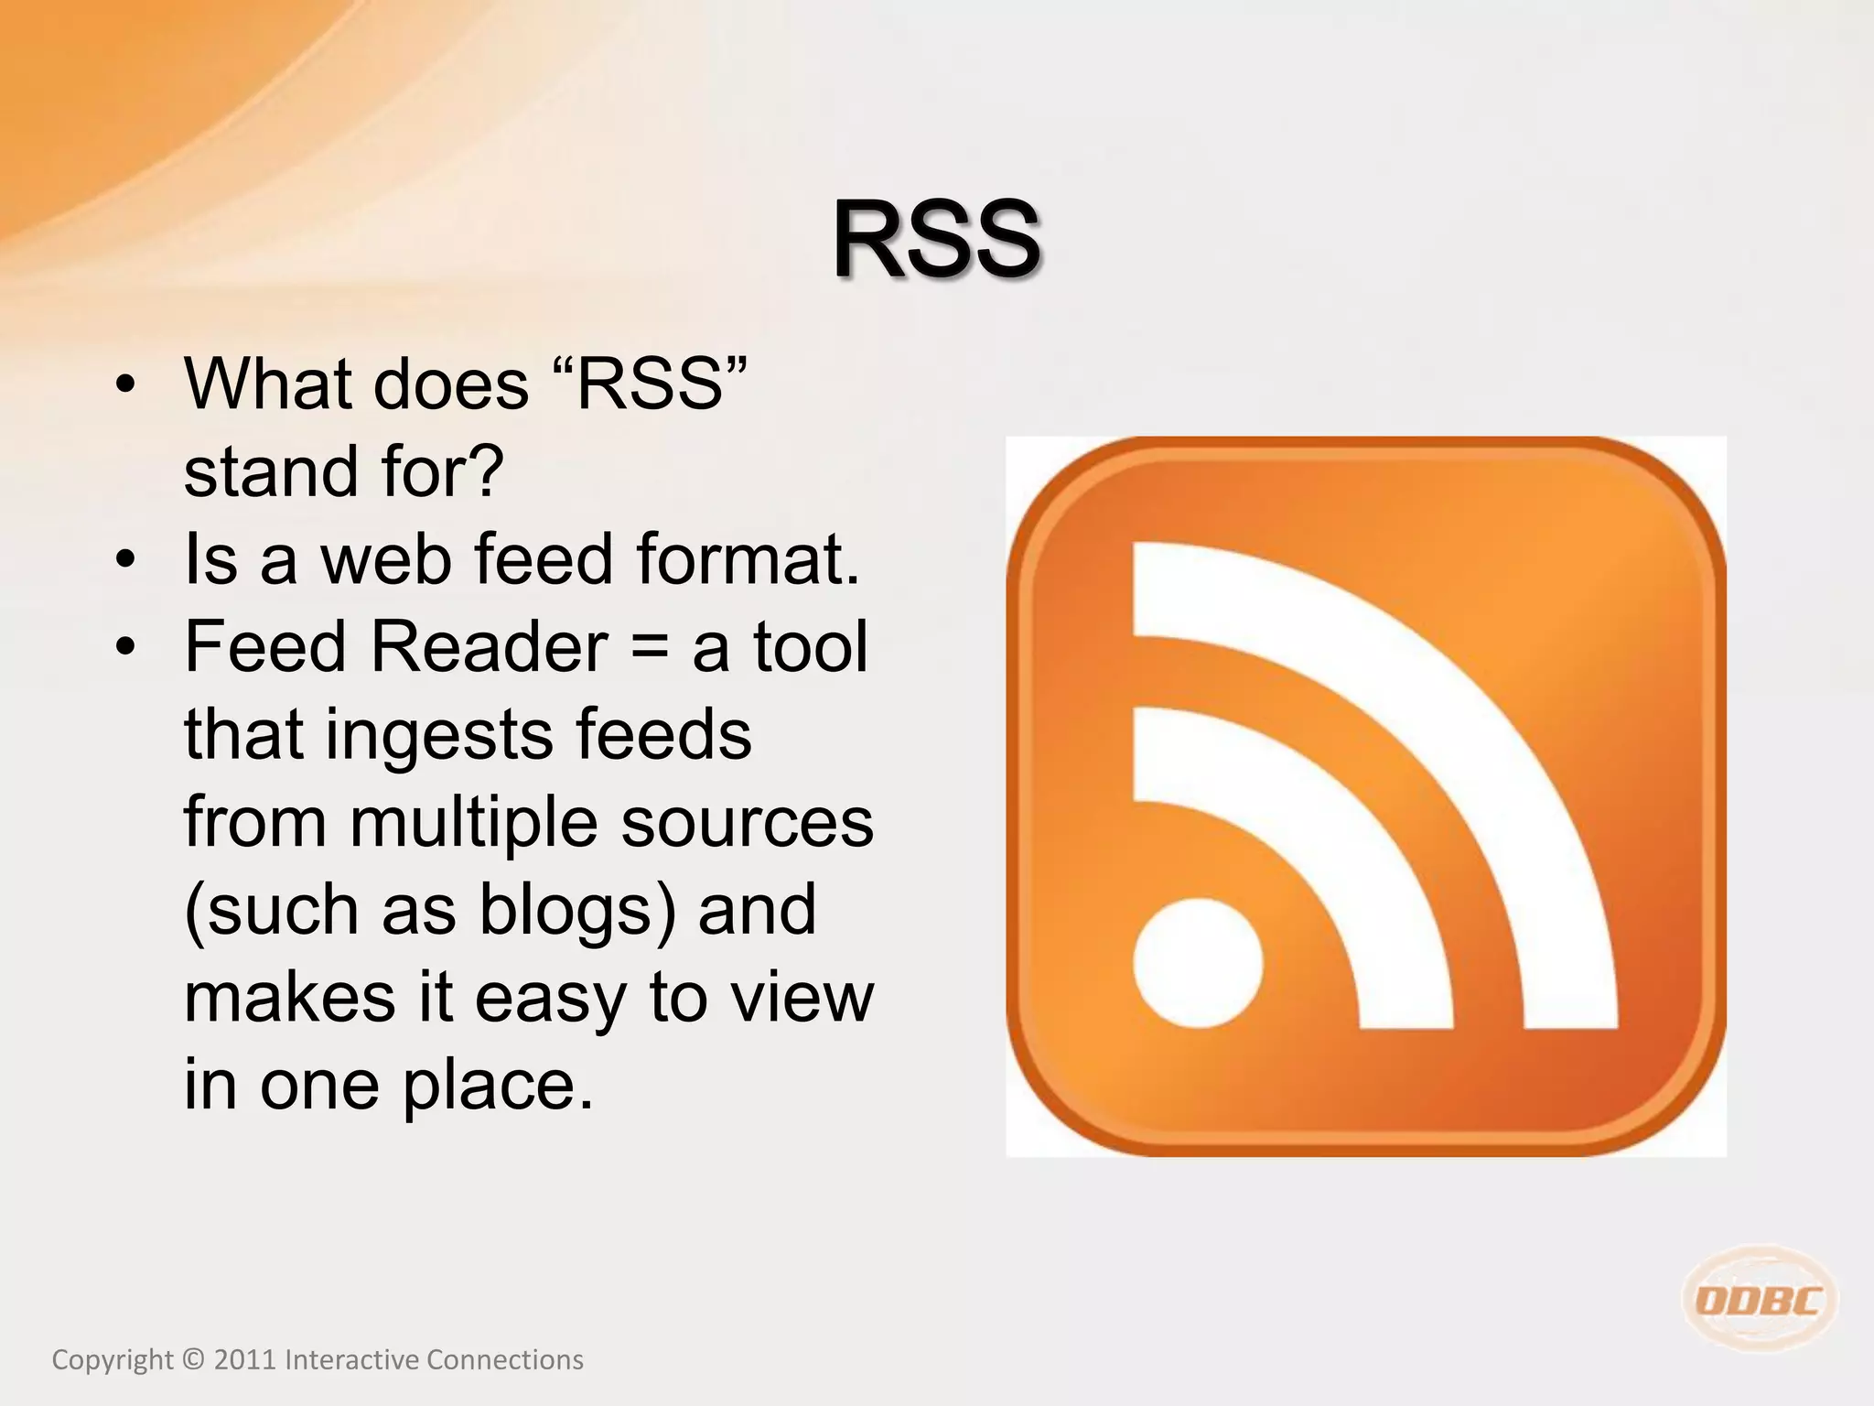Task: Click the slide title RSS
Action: (x=936, y=241)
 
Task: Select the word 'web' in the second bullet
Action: (x=385, y=559)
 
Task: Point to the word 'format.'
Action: (x=749, y=559)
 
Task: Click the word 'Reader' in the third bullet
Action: (x=489, y=647)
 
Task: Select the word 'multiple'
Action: (x=474, y=823)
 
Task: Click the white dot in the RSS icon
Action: (x=1198, y=963)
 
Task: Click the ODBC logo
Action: (x=1759, y=1300)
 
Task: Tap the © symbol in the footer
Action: (x=193, y=1360)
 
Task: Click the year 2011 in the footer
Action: (x=244, y=1360)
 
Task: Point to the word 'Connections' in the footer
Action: (x=504, y=1360)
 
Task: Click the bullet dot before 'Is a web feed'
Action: (x=126, y=559)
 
